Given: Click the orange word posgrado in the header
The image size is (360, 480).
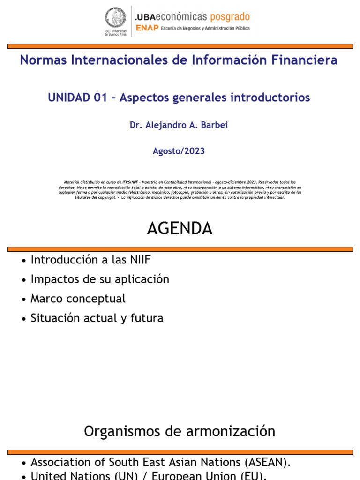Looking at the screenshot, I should click(x=229, y=17).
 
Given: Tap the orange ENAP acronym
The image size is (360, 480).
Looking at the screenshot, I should click(x=146, y=28).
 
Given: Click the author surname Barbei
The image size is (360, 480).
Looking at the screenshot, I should click(x=216, y=125).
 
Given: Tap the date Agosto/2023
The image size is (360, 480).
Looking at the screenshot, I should click(x=179, y=151).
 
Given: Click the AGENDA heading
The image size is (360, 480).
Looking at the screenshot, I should click(x=180, y=229).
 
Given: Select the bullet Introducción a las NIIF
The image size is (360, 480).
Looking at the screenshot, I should click(x=90, y=260).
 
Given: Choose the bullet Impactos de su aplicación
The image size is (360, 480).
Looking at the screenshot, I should click(x=99, y=279).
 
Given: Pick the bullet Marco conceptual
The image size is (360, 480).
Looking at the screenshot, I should click(x=78, y=299).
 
